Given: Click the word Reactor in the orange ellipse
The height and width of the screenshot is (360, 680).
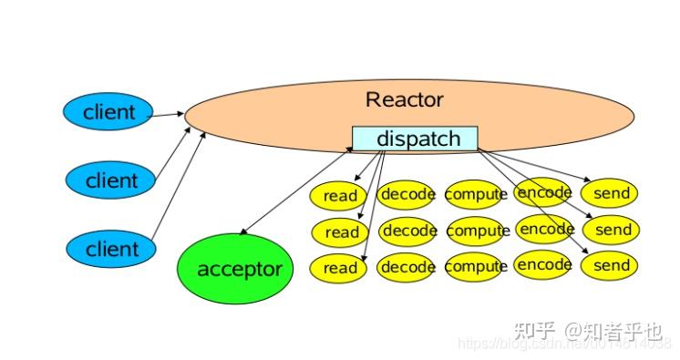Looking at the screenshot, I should pyautogui.click(x=404, y=99).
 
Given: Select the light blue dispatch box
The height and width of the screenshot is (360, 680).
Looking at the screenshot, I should pyautogui.click(x=415, y=139).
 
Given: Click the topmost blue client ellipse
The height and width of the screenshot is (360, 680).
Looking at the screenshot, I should pyautogui.click(x=108, y=112).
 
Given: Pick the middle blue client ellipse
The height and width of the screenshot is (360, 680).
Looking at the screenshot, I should pyautogui.click(x=111, y=180).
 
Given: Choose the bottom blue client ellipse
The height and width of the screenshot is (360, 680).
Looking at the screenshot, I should pyautogui.click(x=111, y=249).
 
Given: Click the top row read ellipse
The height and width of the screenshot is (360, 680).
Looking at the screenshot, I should pyautogui.click(x=339, y=196).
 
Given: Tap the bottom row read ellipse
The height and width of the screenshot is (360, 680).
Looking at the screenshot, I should pyautogui.click(x=339, y=268).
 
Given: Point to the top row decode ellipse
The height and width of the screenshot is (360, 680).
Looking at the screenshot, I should pyautogui.click(x=407, y=194).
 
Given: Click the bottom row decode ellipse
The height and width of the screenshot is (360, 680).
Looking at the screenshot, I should pyautogui.click(x=407, y=267).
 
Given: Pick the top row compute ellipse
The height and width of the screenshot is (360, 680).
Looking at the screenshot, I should pyautogui.click(x=476, y=194).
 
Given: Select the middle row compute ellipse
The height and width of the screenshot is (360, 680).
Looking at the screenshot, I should pyautogui.click(x=478, y=231).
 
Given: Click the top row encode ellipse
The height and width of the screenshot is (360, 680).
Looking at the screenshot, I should pyautogui.click(x=544, y=192).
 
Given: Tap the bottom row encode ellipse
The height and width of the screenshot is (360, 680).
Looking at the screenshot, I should pyautogui.click(x=544, y=265).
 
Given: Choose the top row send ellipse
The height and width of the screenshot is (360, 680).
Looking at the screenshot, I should pyautogui.click(x=612, y=193).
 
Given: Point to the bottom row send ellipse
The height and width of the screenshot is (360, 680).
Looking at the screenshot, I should pyautogui.click(x=612, y=266).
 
